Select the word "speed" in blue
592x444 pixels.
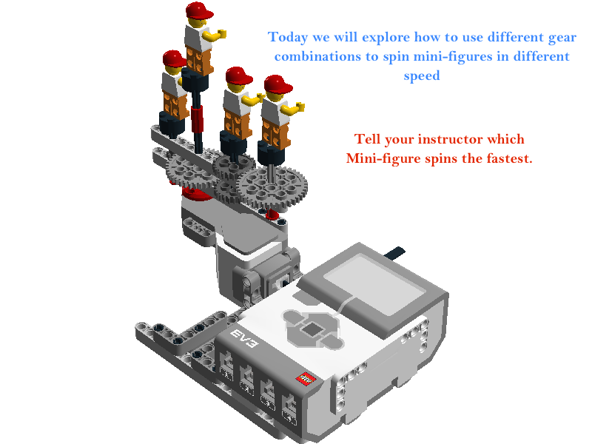(422, 76)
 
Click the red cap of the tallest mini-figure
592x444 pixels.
(199, 10)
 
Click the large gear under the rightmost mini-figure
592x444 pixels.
(272, 187)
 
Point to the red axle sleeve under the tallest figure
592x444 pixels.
(197, 118)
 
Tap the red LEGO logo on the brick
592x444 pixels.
(306, 378)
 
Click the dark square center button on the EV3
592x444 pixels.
(312, 329)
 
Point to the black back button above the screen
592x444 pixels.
(394, 252)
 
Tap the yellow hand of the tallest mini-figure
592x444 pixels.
(221, 34)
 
